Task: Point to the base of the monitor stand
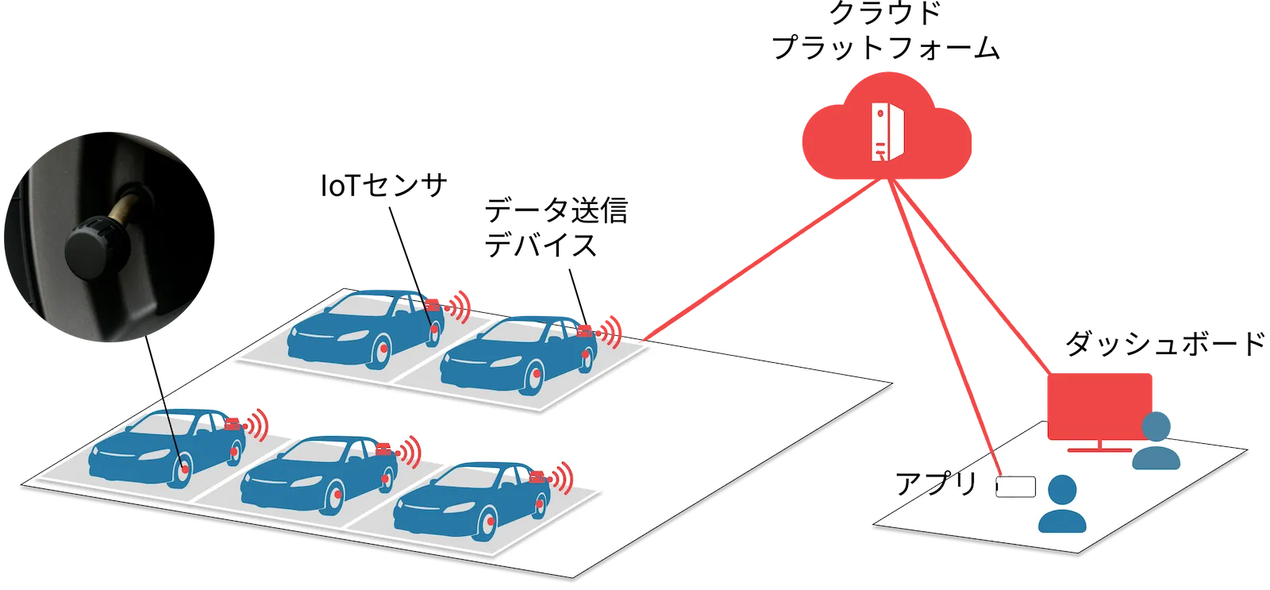tap(1099, 449)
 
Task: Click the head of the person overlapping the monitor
tap(1156, 425)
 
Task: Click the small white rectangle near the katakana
tap(1016, 487)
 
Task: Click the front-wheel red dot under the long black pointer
tap(186, 471)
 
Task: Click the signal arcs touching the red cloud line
tap(610, 329)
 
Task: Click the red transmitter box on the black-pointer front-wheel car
tap(233, 425)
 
